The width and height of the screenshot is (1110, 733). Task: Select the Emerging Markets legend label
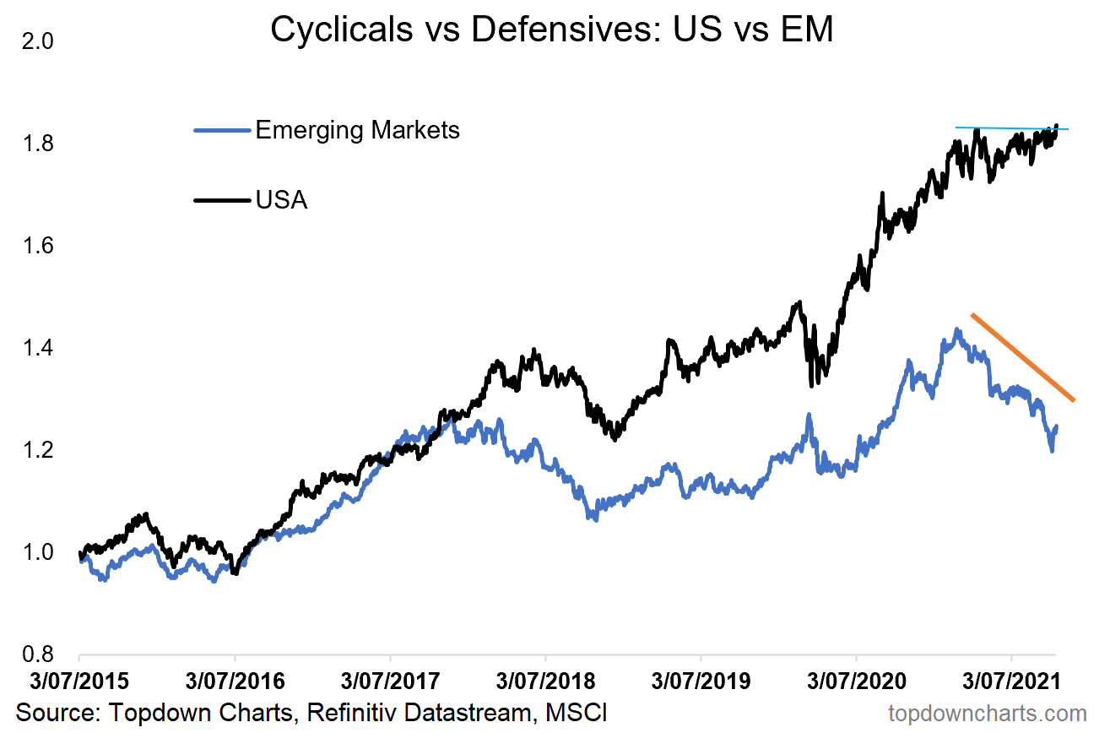(x=357, y=130)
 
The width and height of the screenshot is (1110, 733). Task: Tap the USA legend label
(x=282, y=200)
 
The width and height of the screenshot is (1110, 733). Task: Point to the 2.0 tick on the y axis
(x=35, y=41)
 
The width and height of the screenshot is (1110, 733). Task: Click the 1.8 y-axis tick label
(x=35, y=144)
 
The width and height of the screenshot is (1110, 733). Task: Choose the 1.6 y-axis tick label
(x=35, y=246)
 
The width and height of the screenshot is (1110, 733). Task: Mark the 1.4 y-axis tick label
(x=35, y=348)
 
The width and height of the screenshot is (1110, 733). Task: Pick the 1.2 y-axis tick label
(x=35, y=450)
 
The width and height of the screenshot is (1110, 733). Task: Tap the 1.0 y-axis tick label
(x=35, y=552)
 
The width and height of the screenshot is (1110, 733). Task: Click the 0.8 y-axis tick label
(x=35, y=654)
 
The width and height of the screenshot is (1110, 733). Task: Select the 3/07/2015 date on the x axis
(x=79, y=681)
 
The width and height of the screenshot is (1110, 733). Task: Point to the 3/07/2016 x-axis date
(x=235, y=681)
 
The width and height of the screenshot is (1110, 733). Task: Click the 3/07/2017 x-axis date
(x=390, y=681)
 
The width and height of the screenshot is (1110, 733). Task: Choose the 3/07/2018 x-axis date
(x=545, y=681)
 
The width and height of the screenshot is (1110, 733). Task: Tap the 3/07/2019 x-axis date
(x=701, y=681)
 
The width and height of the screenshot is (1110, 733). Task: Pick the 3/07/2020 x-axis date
(x=856, y=681)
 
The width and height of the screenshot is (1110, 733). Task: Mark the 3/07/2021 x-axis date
(x=1011, y=681)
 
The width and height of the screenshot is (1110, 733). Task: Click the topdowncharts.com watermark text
(x=987, y=714)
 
